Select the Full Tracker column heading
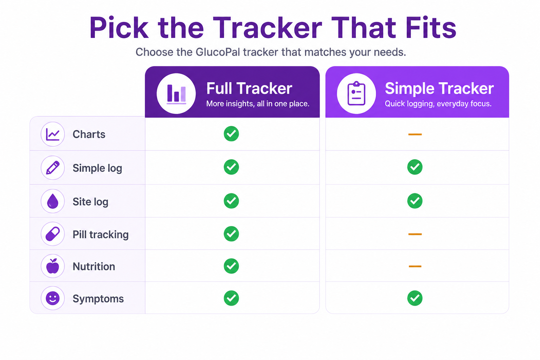[249, 88]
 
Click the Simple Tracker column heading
[439, 88]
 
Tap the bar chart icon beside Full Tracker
[176, 94]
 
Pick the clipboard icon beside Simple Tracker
[356, 94]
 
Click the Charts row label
[89, 134]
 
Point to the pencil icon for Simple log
[53, 168]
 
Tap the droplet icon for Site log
[53, 201]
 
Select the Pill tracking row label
[101, 234]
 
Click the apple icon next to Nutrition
[53, 266]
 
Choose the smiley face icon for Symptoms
[53, 298]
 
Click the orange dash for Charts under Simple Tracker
[415, 134]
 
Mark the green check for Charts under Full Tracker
[231, 134]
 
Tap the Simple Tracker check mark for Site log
[415, 201]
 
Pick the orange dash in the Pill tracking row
[415, 234]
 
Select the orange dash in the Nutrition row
[415, 266]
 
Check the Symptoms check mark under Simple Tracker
[415, 298]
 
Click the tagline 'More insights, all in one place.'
[258, 104]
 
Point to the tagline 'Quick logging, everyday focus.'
[438, 104]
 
